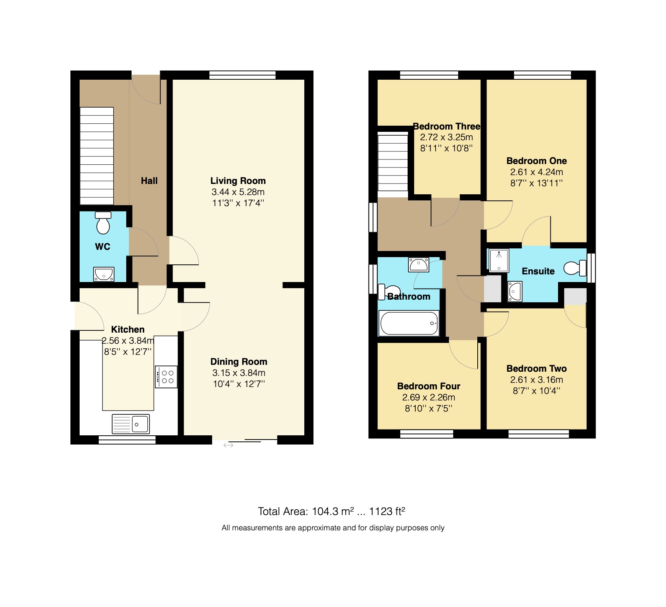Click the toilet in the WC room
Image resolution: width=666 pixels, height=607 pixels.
coord(103,224)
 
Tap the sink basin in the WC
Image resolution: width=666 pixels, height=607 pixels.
coord(104,274)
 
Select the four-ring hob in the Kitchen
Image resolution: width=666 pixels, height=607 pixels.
coord(166,377)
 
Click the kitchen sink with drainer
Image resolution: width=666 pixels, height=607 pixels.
coord(131,424)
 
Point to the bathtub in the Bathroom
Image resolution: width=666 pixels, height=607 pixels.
coord(408,323)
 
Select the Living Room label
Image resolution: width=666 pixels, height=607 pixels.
coord(238,181)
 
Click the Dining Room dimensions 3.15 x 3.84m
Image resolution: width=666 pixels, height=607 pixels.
coord(238,373)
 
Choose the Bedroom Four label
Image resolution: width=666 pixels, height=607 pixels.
coord(428,386)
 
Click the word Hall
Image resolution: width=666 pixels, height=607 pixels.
coord(149,181)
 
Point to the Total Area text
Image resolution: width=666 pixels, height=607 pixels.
coord(331,511)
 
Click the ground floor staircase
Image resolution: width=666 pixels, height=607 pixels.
coord(96,156)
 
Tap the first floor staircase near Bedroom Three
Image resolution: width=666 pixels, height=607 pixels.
coord(393,161)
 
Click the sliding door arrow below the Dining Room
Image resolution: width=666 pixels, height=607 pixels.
coord(229,445)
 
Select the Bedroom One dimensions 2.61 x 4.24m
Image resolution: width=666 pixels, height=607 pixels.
coord(536,172)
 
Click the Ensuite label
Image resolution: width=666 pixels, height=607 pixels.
coord(538,271)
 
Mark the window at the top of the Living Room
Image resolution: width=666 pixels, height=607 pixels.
coord(242,75)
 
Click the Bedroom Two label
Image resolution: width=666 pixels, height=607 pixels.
coord(536,369)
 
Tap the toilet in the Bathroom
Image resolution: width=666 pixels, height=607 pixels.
coord(390,292)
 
